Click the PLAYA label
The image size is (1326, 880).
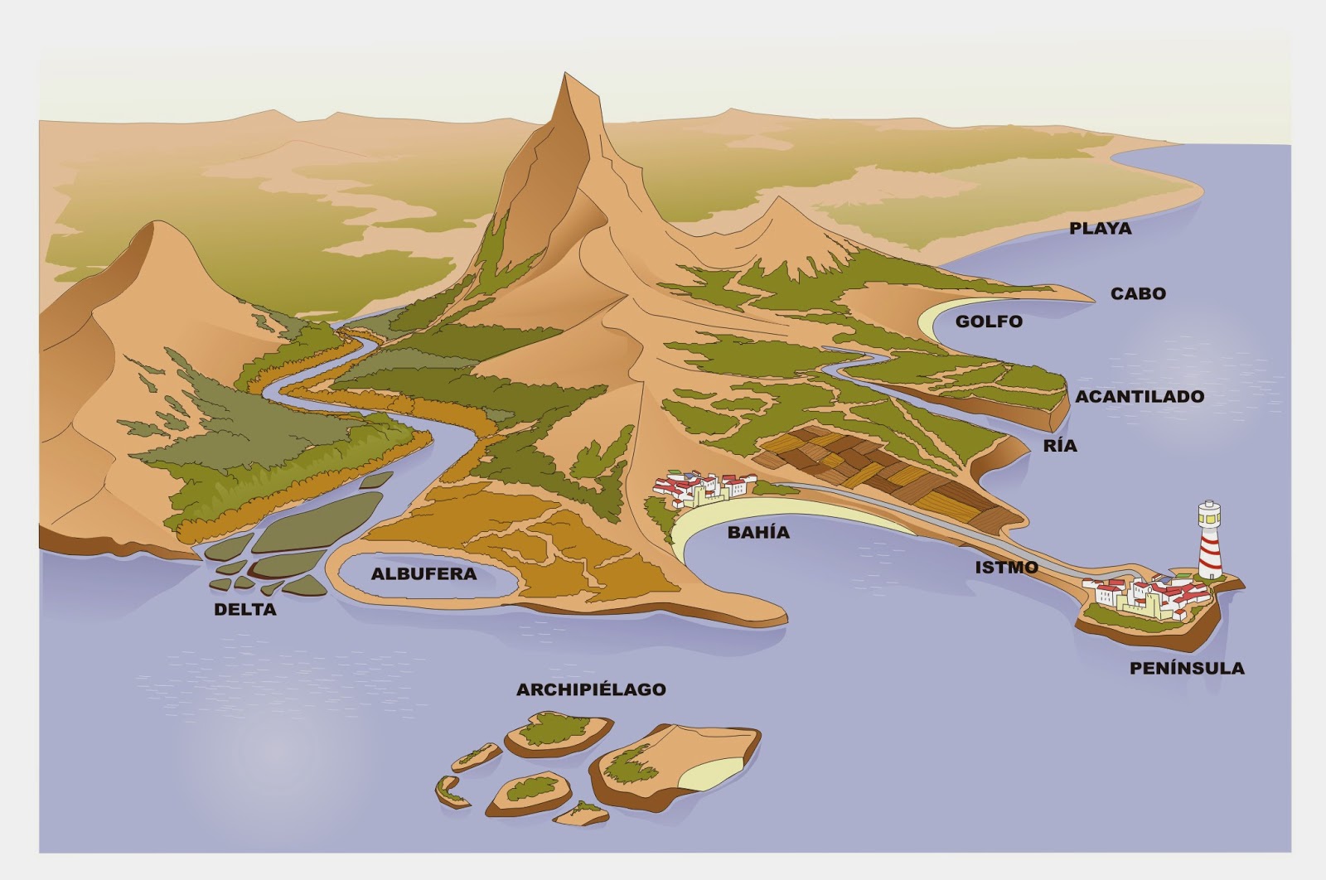[1100, 229]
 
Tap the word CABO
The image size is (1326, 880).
[1138, 293]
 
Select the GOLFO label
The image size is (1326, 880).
[989, 322]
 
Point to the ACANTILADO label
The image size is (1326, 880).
[1140, 396]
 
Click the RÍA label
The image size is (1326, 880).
[1060, 446]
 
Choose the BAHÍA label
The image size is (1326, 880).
[758, 532]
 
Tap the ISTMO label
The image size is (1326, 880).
[1006, 568]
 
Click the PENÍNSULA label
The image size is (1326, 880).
[1187, 668]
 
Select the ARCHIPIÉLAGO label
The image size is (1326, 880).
[591, 689]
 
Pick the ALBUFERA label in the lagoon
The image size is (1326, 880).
[423, 573]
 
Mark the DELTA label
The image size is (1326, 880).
[244, 610]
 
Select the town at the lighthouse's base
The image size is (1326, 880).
[1144, 595]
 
